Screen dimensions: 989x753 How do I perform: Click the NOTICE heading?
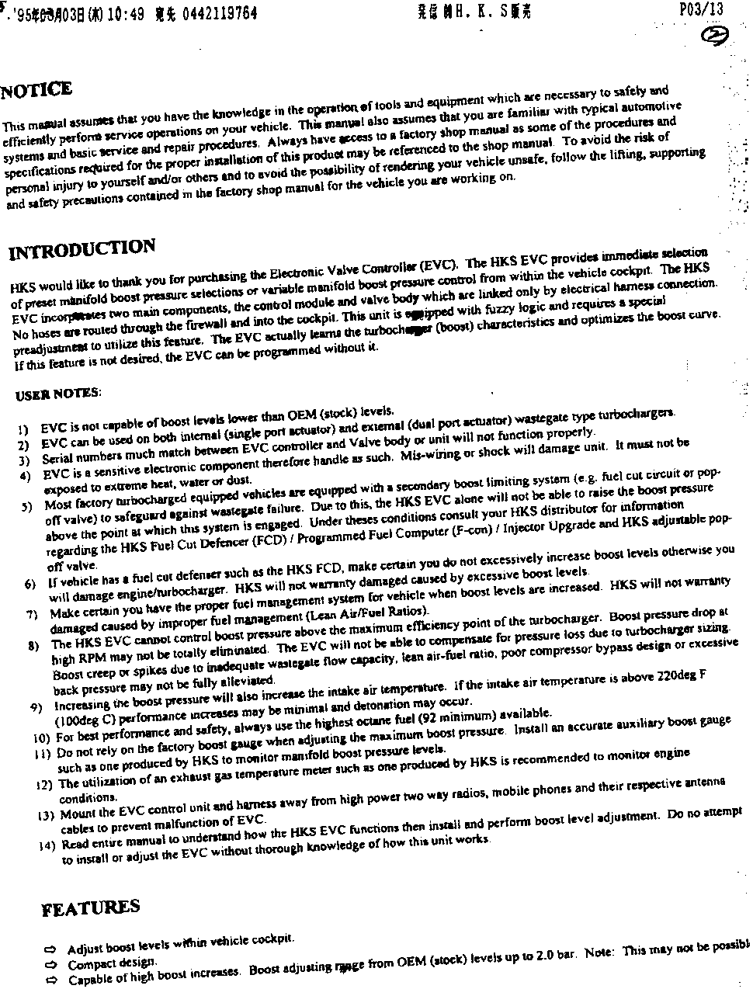tap(37, 90)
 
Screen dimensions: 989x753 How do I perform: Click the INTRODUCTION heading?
tap(82, 250)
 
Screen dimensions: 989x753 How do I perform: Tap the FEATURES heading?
tap(91, 908)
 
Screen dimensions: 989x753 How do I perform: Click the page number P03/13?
tap(700, 9)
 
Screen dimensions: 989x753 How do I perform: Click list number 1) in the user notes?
tap(24, 428)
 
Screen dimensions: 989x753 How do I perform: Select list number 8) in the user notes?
tap(34, 645)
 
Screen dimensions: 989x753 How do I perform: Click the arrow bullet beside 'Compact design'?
tap(51, 965)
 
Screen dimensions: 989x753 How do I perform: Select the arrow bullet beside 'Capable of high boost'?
tap(52, 980)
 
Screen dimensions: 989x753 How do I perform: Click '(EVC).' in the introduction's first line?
tap(439, 264)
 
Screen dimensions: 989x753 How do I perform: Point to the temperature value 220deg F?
tap(681, 675)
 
